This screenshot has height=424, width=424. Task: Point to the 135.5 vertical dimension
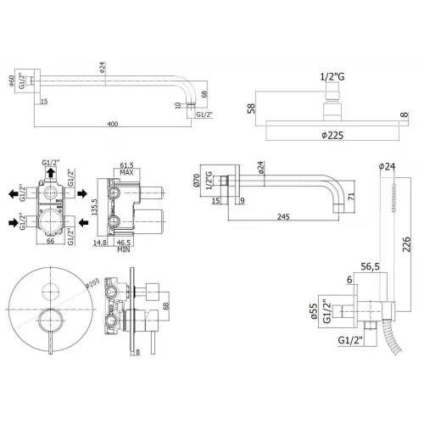coord(95,207)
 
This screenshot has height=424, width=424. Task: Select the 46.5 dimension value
coord(133,242)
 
